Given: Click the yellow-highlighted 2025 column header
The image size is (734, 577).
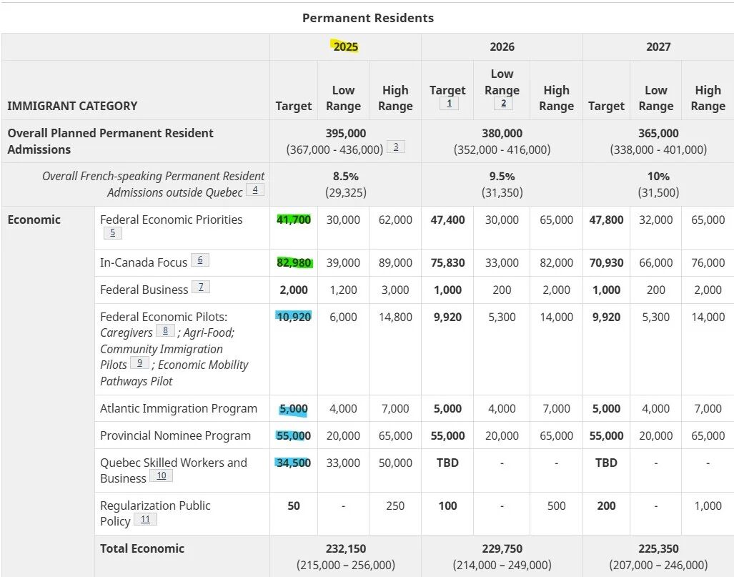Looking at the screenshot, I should (345, 46).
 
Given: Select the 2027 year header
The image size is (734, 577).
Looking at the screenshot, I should (658, 46).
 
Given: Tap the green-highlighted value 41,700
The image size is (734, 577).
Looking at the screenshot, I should (294, 220).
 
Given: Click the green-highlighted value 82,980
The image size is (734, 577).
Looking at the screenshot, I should (294, 262).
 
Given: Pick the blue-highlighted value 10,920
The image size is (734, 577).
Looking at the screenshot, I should (294, 317).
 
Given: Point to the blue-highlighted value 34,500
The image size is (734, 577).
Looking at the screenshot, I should (294, 463).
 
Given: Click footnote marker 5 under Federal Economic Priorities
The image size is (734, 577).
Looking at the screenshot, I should (112, 233).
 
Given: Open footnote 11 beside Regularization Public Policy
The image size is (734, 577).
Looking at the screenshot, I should (145, 520).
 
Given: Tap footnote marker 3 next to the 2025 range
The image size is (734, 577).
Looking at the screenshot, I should (395, 147).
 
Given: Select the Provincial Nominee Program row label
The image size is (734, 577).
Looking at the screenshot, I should (175, 435).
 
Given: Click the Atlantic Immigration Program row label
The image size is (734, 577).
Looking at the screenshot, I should (178, 408).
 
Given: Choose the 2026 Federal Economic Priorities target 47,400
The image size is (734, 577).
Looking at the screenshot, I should (447, 220).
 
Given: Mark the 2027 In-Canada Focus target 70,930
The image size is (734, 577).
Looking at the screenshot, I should (606, 262).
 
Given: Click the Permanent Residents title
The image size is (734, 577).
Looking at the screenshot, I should (367, 18).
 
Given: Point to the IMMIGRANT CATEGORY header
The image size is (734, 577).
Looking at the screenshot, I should (72, 106).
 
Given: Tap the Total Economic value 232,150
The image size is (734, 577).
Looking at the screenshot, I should (346, 548).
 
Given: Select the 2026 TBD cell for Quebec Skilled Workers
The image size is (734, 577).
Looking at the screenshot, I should (447, 463).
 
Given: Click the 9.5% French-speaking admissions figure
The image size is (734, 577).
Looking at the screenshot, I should (502, 176).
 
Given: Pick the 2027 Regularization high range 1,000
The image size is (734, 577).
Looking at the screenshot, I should (708, 506).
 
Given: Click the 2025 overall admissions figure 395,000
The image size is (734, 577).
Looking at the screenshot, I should (346, 133).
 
